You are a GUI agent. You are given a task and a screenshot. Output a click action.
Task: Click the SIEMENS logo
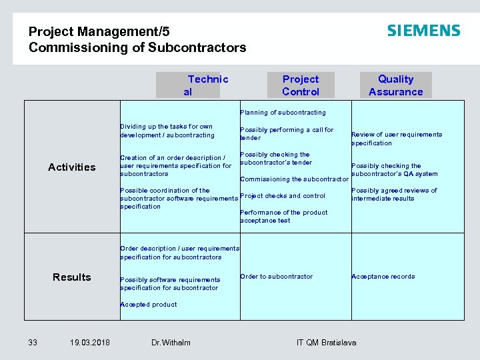pyautogui.click(x=423, y=31)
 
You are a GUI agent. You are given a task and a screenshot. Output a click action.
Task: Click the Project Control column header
pyautogui.click(x=300, y=85)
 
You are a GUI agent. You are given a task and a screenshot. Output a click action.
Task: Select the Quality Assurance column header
pyautogui.click(x=395, y=85)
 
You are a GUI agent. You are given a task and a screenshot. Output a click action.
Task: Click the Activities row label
pyautogui.click(x=72, y=167)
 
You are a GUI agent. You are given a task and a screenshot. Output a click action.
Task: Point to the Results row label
pyautogui.click(x=72, y=277)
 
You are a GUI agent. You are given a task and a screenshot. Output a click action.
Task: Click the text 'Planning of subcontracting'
pyautogui.click(x=283, y=113)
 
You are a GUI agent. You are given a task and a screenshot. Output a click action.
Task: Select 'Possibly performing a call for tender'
pyautogui.click(x=287, y=134)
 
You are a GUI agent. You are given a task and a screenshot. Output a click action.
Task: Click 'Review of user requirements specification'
pyautogui.click(x=397, y=139)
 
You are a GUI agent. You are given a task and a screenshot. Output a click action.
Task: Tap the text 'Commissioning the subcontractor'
pyautogui.click(x=294, y=179)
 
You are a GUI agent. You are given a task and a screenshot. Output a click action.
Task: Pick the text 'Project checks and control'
pyautogui.click(x=283, y=196)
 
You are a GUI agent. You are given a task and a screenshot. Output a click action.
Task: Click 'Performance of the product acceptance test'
pyautogui.click(x=283, y=217)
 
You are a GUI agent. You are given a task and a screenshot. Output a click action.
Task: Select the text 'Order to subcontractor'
pyautogui.click(x=276, y=277)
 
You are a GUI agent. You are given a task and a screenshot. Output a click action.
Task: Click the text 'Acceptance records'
pyautogui.click(x=383, y=277)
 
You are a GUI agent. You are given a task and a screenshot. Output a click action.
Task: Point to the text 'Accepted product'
pyautogui.click(x=149, y=305)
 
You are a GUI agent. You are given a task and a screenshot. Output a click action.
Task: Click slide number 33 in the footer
pyautogui.click(x=33, y=343)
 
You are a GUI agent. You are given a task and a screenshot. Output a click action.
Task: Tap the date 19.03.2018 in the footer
pyautogui.click(x=90, y=343)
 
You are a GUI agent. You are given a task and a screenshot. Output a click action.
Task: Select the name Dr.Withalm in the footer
pyautogui.click(x=171, y=343)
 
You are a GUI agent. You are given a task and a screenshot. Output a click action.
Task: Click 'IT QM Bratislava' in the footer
pyautogui.click(x=326, y=343)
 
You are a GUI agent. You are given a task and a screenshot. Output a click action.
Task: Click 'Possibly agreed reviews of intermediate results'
pyautogui.click(x=394, y=195)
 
